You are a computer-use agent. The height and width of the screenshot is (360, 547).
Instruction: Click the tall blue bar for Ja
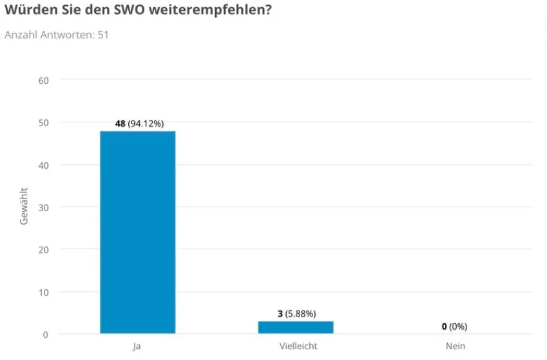click(x=137, y=232)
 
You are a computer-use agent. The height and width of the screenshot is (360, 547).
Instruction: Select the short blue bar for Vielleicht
click(x=296, y=327)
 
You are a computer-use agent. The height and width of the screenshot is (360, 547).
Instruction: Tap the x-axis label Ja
click(x=137, y=346)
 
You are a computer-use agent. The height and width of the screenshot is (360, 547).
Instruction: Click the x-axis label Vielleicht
click(x=298, y=346)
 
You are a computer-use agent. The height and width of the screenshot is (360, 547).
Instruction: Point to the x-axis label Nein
click(x=455, y=346)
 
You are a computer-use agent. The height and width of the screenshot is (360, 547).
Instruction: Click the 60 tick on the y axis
click(x=44, y=80)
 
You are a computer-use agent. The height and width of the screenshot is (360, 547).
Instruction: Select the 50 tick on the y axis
click(x=44, y=122)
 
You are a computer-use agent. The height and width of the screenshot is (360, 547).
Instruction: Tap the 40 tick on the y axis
click(x=44, y=165)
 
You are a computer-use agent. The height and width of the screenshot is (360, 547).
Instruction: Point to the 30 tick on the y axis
click(x=44, y=207)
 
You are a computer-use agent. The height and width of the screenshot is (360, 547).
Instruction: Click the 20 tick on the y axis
click(x=44, y=249)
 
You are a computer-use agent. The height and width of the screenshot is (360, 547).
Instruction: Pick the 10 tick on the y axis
click(x=44, y=292)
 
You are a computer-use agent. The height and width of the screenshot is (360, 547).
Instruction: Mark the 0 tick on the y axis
click(x=46, y=334)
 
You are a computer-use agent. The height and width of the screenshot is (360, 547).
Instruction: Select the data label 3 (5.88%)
click(x=296, y=314)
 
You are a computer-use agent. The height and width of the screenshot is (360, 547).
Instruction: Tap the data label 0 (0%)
click(x=454, y=327)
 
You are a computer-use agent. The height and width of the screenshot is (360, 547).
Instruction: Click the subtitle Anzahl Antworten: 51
click(x=57, y=35)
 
